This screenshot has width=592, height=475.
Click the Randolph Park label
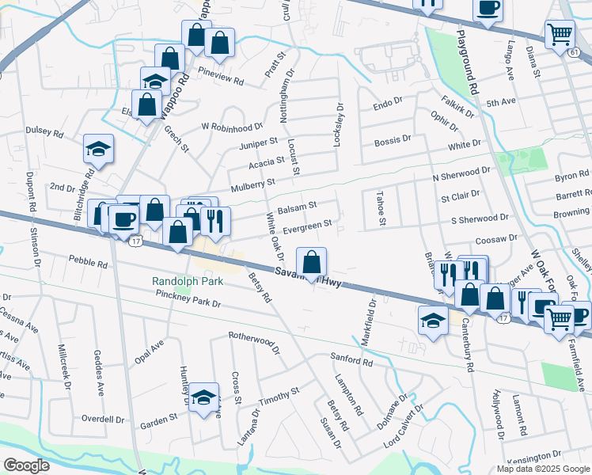pos(183,282)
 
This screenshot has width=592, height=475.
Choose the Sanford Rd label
pos(351,361)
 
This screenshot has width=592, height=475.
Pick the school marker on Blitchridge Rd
pos(98,149)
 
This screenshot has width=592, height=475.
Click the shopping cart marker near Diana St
pos(560,35)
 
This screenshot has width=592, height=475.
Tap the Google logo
pos(26,465)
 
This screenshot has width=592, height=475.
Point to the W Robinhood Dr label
pos(232,127)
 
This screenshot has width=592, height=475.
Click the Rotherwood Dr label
pos(255,342)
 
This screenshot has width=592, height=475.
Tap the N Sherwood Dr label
pos(461,173)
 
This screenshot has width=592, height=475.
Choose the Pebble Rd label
pos(87,261)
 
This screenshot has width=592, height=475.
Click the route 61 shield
pos(572,52)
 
